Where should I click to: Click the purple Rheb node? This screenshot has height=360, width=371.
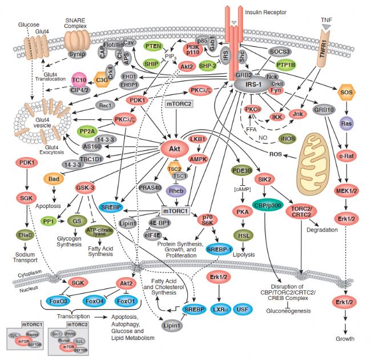(175, 192)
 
